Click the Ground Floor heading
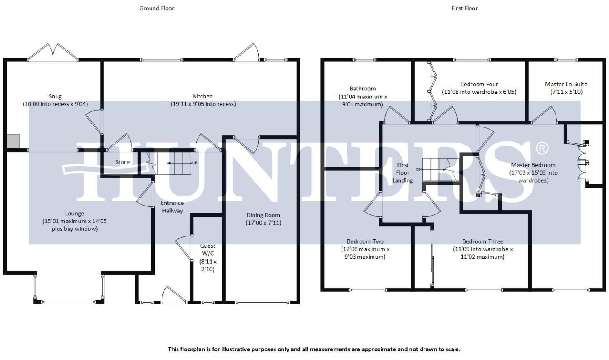click(156, 8)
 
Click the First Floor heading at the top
click(464, 8)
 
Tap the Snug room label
click(55, 97)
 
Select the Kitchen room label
click(203, 96)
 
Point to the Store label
click(123, 162)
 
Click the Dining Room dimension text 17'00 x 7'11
click(263, 222)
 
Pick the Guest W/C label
click(207, 249)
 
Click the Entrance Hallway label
click(172, 206)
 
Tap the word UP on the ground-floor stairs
click(194, 163)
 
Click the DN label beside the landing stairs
click(418, 169)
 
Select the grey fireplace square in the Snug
click(13, 141)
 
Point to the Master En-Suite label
click(566, 84)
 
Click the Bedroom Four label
click(479, 84)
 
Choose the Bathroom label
click(363, 89)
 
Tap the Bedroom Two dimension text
click(365, 252)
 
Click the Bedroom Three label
click(482, 241)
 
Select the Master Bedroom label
click(533, 165)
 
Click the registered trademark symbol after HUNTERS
click(543, 148)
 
